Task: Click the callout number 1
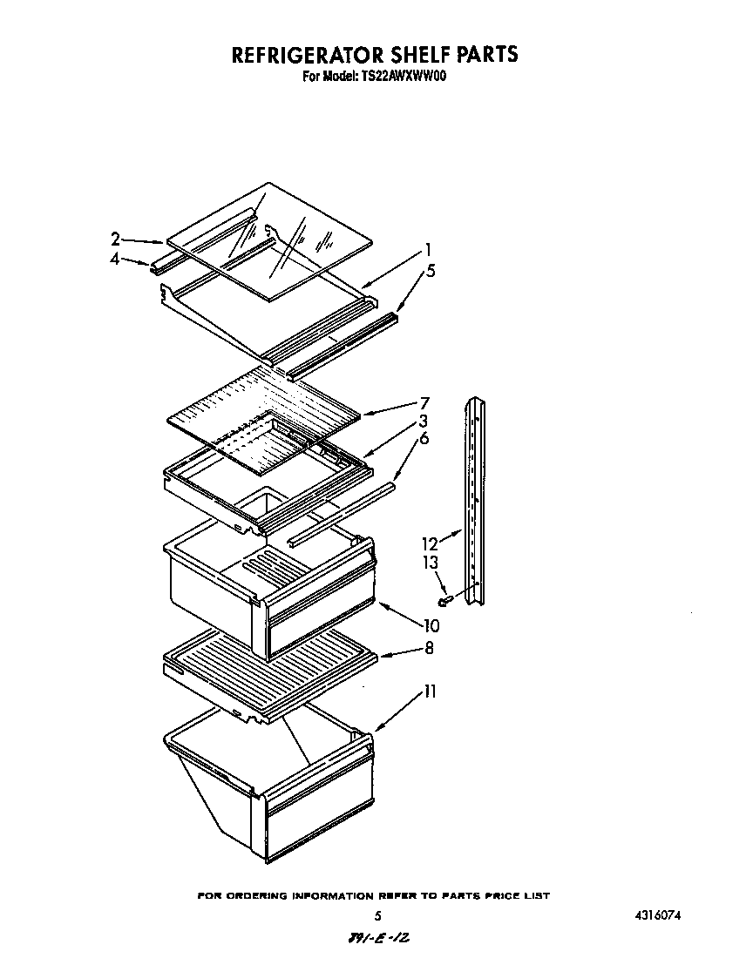pyautogui.click(x=427, y=250)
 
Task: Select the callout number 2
pyautogui.click(x=115, y=239)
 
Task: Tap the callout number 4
pyautogui.click(x=115, y=259)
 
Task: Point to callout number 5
pyautogui.click(x=430, y=271)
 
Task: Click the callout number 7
pyautogui.click(x=424, y=403)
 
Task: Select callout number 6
pyautogui.click(x=424, y=439)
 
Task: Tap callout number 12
pyautogui.click(x=430, y=543)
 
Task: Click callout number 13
pyautogui.click(x=430, y=563)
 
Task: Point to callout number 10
pyautogui.click(x=430, y=625)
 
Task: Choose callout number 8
pyautogui.click(x=428, y=648)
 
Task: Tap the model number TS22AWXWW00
pyautogui.click(x=404, y=77)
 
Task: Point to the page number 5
pyautogui.click(x=376, y=916)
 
